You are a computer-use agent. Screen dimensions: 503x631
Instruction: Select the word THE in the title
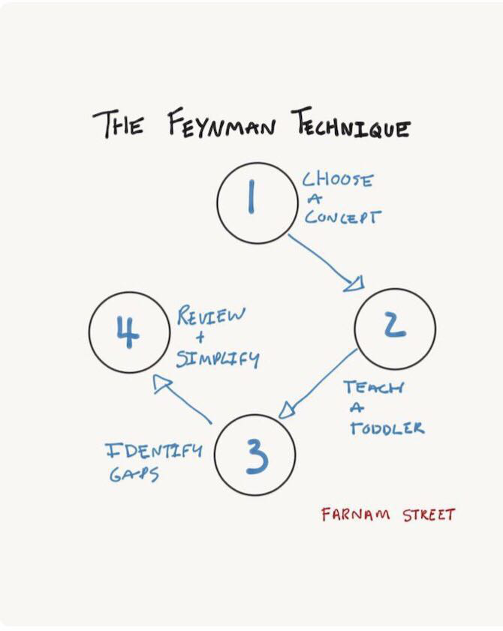pyautogui.click(x=119, y=125)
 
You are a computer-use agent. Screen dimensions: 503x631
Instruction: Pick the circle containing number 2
pyautogui.click(x=395, y=327)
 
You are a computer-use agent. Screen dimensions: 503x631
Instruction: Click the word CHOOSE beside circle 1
pyautogui.click(x=338, y=181)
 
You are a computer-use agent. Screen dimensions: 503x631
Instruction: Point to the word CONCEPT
pyautogui.click(x=342, y=218)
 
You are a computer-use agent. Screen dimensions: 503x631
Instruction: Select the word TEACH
pyautogui.click(x=373, y=388)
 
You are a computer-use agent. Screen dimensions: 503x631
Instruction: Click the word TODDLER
pyautogui.click(x=386, y=428)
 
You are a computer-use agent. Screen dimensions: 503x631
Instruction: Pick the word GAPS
pyautogui.click(x=134, y=476)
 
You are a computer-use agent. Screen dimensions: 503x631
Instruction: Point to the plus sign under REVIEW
pyautogui.click(x=199, y=337)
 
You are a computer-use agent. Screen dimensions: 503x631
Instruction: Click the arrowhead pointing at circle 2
pyautogui.click(x=356, y=284)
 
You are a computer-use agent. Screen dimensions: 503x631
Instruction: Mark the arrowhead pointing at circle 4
pyautogui.click(x=162, y=383)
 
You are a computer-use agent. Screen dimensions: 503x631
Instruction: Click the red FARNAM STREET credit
pyautogui.click(x=388, y=515)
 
